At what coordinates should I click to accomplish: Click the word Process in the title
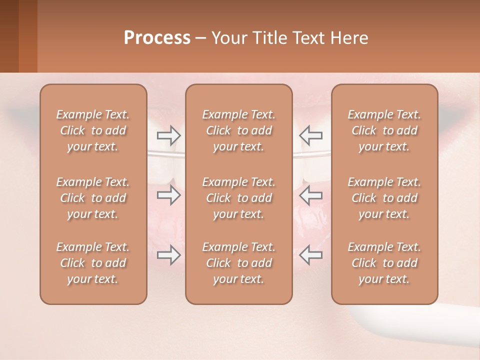point(157,37)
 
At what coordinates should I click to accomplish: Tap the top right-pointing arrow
point(168,134)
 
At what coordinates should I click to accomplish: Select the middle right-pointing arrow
point(168,195)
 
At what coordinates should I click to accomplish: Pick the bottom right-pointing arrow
point(168,254)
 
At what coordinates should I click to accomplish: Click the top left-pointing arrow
point(310,134)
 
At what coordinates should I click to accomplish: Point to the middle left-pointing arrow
point(310,195)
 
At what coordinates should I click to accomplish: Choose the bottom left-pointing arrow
point(310,254)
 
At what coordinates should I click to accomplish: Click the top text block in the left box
point(93,130)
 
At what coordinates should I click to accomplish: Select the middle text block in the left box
point(93,198)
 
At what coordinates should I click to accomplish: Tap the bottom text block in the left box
point(93,263)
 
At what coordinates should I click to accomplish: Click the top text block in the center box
point(239,130)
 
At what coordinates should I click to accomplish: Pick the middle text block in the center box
point(239,198)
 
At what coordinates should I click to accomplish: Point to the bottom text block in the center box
point(239,263)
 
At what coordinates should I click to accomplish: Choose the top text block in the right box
point(384,130)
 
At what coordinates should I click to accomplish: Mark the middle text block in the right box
point(384,198)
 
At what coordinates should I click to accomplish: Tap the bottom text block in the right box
point(384,263)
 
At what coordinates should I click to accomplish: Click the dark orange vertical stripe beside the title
point(27,36)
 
